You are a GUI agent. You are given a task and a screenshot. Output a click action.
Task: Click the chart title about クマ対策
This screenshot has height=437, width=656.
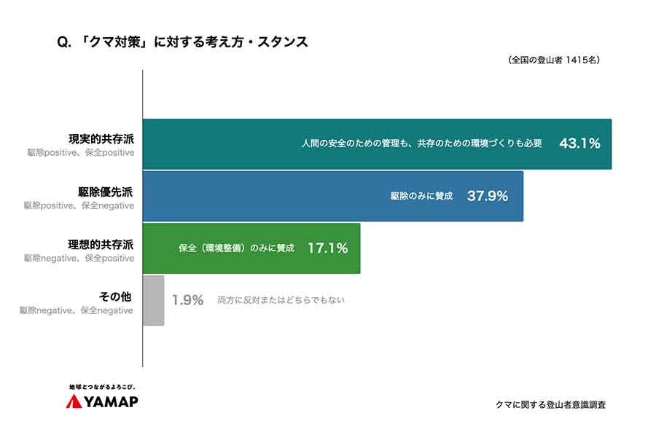182,42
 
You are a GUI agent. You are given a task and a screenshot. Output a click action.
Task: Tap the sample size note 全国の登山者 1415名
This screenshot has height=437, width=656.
554,61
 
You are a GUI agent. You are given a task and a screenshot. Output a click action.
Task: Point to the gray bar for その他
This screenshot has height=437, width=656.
153,300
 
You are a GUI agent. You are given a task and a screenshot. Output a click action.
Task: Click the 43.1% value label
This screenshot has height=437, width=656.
579,144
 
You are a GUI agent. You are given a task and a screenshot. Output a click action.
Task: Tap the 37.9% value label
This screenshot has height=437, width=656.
487,196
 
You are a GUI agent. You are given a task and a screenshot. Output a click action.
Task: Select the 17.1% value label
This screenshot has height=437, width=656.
327,248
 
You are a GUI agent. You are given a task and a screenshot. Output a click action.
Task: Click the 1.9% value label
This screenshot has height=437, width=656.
187,300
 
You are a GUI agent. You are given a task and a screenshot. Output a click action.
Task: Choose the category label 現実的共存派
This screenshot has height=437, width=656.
101,139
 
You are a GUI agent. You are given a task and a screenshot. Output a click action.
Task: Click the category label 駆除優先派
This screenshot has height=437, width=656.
106,192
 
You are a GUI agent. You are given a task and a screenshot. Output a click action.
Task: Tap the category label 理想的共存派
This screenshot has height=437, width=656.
101,244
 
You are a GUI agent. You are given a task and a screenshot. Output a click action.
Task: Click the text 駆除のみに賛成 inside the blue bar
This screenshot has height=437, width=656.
421,197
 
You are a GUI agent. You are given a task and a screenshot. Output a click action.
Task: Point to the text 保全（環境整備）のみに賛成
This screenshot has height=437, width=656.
236,248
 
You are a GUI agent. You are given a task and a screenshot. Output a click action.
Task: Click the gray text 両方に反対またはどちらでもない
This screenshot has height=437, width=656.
281,300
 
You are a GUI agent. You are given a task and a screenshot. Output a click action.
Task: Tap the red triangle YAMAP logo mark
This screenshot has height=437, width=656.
74,402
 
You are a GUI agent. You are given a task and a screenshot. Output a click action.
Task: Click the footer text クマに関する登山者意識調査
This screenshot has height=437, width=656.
550,404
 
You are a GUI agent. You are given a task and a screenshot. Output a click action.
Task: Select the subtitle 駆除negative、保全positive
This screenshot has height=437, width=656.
79,258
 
